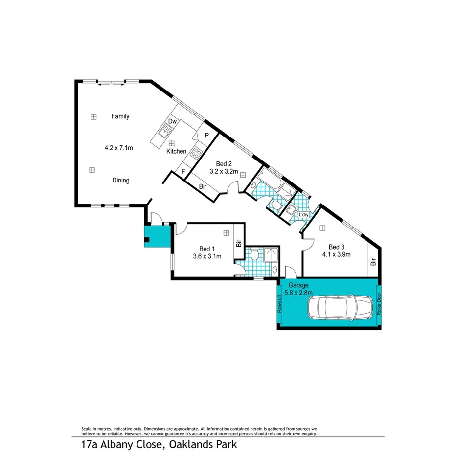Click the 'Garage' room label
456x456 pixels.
point(298,285)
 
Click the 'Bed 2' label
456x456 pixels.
point(224,164)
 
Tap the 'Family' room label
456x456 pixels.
point(120,116)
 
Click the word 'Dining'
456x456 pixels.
point(121,180)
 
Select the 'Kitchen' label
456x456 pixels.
point(176,151)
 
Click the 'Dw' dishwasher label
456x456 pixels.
point(172,121)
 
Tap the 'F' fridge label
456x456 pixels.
point(183,172)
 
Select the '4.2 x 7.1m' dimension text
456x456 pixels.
point(119,147)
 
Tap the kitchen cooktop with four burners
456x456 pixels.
point(196,153)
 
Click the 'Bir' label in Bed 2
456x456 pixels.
point(203,186)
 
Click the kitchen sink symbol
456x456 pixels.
point(164,130)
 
